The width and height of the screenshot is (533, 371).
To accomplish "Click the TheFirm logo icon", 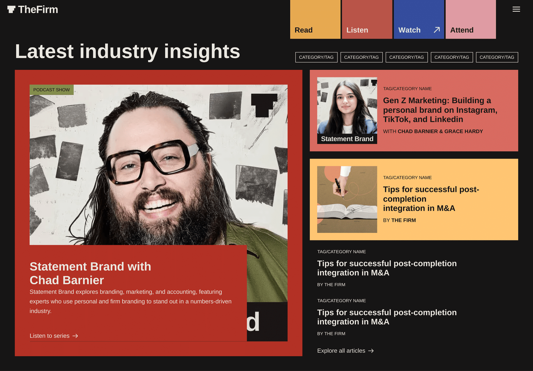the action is tap(11, 10).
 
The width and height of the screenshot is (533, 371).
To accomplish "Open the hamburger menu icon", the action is tap(516, 9).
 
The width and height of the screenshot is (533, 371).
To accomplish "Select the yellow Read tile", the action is tap(315, 19).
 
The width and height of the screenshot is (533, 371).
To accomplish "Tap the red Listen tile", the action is tap(367, 19).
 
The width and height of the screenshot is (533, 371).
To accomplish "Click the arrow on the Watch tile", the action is tap(437, 30).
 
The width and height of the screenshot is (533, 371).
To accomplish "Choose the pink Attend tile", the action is tap(471, 19).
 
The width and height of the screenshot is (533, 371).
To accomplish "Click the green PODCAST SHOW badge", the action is tap(51, 90).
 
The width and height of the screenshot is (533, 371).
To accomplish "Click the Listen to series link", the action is tap(54, 336).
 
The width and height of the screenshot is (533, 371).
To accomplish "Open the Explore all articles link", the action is tap(345, 351).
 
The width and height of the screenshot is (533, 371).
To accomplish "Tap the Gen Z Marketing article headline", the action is tap(440, 110).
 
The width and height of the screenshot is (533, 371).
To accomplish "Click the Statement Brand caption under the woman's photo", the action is tap(347, 139).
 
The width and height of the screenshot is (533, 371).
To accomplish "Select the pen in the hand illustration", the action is tap(339, 188).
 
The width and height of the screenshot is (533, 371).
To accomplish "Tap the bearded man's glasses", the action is tap(152, 162).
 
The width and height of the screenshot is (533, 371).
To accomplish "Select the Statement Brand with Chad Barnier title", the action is tap(90, 273).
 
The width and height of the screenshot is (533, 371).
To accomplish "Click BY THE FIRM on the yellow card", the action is tap(399, 220).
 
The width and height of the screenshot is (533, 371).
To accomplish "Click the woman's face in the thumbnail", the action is tap(346, 100).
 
